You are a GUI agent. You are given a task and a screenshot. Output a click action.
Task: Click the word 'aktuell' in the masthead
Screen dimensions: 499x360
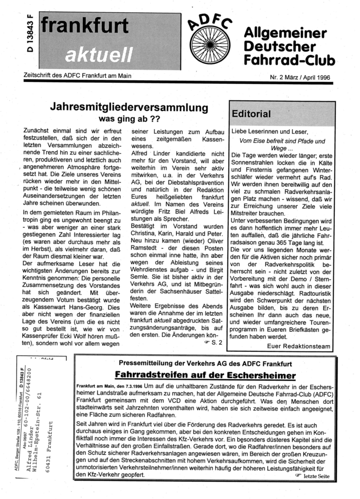pos(103,52)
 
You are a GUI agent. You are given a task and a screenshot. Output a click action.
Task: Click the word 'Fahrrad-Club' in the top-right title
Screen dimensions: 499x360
pos(290,60)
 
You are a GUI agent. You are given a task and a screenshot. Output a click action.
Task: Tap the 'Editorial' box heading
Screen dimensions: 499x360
pos(252,113)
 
